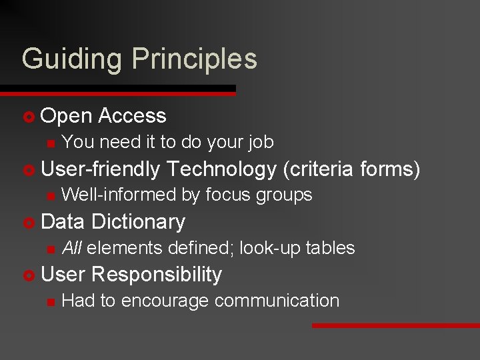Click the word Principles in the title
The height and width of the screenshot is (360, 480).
point(195,59)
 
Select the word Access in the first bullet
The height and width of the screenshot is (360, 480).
point(132,116)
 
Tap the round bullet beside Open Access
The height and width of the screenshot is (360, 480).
point(28,117)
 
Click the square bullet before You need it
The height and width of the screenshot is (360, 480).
point(48,143)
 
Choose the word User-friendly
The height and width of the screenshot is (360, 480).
point(101,169)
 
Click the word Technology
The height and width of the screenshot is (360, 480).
point(222,169)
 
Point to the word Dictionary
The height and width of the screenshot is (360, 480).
point(139,221)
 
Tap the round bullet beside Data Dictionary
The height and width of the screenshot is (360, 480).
point(28,222)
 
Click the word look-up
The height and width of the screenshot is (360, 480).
point(269,248)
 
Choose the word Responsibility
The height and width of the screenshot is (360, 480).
point(157,274)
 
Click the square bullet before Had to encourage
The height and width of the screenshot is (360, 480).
point(48,301)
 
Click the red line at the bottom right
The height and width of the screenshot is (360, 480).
point(396,325)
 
